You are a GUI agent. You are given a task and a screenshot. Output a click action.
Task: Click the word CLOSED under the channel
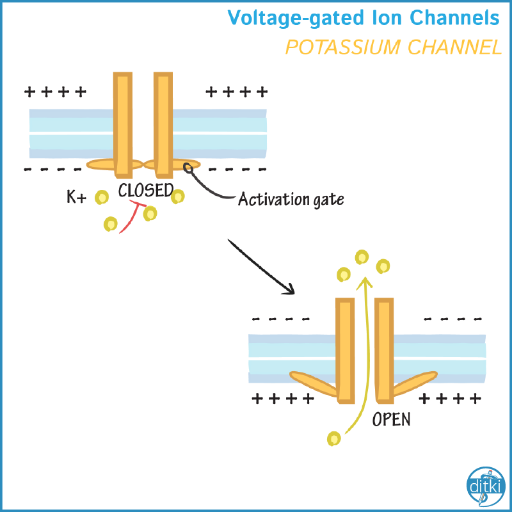146,190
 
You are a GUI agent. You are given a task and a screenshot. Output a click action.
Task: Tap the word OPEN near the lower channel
391,419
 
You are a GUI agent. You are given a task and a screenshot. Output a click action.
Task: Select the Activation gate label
291,199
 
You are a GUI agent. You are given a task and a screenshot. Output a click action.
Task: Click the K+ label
76,197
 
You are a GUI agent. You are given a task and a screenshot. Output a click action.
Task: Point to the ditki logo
486,486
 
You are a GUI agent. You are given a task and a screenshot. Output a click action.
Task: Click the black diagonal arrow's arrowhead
289,289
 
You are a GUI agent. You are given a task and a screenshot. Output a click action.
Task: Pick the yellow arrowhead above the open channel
365,282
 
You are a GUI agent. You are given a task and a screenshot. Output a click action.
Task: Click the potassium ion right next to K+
102,197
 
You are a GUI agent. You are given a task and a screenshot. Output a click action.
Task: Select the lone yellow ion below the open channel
333,438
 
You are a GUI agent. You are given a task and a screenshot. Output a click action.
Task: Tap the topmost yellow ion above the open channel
362,257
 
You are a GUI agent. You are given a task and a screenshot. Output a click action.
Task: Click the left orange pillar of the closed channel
123,125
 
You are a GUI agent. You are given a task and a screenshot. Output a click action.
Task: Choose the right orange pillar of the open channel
385,350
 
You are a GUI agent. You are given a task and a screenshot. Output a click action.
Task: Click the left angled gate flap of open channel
314,383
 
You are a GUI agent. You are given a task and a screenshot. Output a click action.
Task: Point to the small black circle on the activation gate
188,168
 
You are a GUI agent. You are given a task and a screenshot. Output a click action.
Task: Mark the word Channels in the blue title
454,17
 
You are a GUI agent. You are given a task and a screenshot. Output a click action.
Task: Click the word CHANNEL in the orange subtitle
454,47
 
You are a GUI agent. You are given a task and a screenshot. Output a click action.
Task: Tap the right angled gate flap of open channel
415,383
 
